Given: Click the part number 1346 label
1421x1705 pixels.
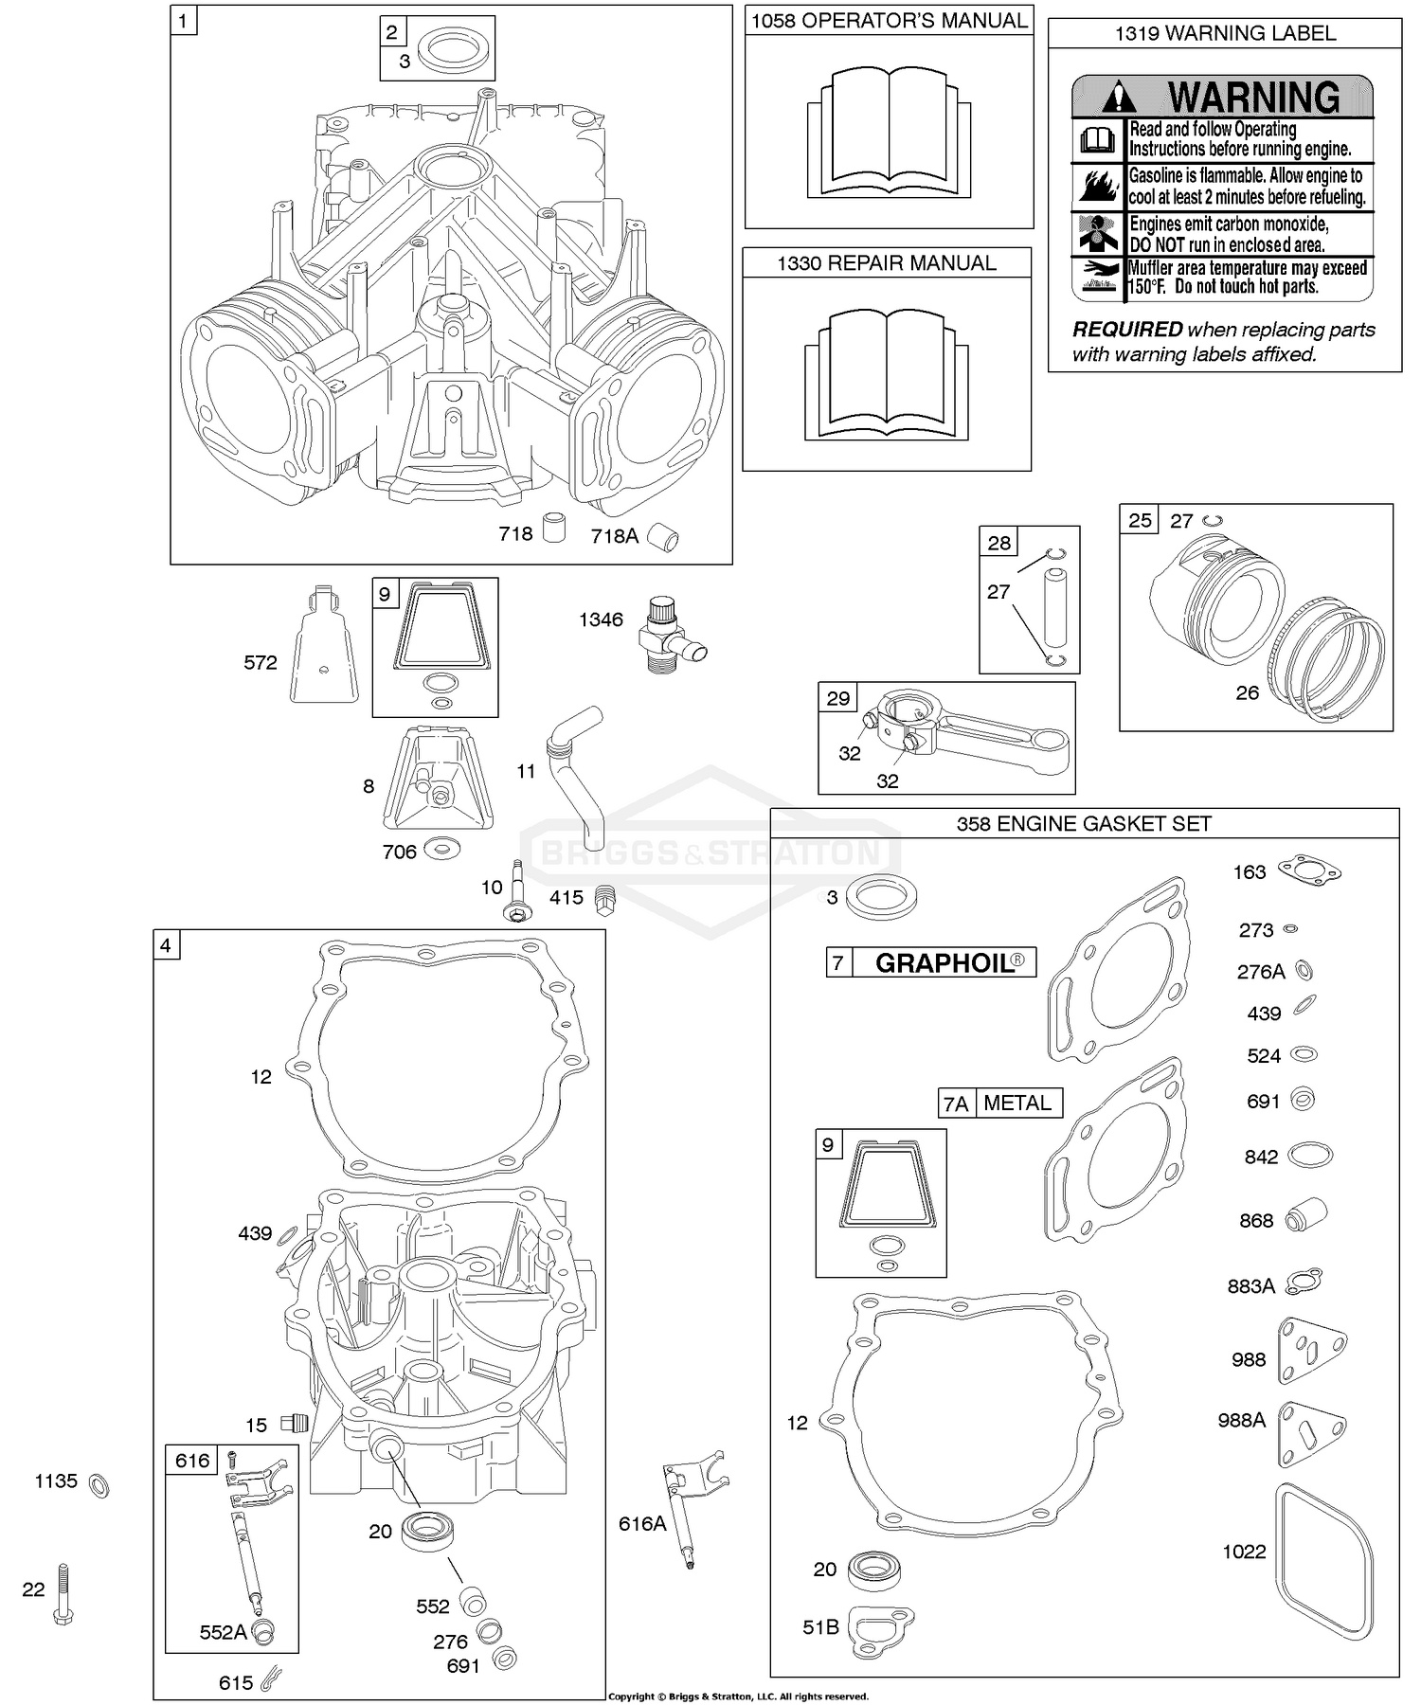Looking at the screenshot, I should point(601,619).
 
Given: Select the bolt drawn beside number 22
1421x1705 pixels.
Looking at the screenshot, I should point(63,1594).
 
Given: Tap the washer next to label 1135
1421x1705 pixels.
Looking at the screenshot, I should point(99,1484).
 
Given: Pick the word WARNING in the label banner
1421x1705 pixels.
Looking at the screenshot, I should point(1252,98).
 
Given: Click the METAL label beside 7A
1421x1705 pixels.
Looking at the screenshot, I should point(1016,1103).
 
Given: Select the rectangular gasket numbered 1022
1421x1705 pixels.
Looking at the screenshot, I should point(1322,1562).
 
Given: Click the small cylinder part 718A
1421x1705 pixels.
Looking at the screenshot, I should point(663,538).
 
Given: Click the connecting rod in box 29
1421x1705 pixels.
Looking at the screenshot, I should point(976,734).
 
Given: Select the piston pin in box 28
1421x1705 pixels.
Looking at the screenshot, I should point(1057,606).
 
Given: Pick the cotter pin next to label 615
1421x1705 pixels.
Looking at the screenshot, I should point(271,1681).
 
